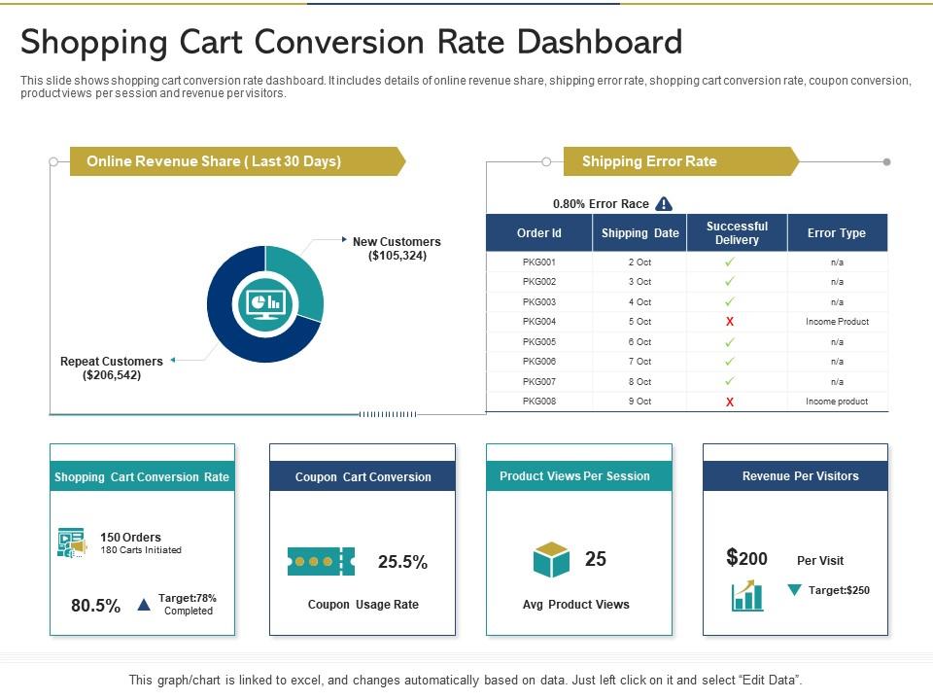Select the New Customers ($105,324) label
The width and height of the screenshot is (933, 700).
397,249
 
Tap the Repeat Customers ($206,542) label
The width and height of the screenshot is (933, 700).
112,367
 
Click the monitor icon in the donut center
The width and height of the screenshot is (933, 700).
264,304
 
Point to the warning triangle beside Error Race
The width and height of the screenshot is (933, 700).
664,203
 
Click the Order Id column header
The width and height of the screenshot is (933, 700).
538,233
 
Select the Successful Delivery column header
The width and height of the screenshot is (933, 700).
737,233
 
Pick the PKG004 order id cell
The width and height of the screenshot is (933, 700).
538,322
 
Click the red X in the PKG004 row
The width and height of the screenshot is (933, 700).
730,322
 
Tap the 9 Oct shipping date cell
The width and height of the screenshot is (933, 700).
639,402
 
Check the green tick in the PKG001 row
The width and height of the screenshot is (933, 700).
730,262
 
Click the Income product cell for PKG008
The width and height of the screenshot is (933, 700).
837,402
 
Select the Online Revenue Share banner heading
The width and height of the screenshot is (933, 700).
214,161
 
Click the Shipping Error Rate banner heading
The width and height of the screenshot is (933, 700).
649,161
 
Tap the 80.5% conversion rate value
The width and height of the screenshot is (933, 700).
96,606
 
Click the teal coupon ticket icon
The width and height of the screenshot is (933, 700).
321,561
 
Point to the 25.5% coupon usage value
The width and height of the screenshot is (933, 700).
402,562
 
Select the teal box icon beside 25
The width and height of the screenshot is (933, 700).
551,560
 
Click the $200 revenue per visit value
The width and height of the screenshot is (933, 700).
746,558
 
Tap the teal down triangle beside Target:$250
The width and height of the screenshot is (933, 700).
794,590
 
